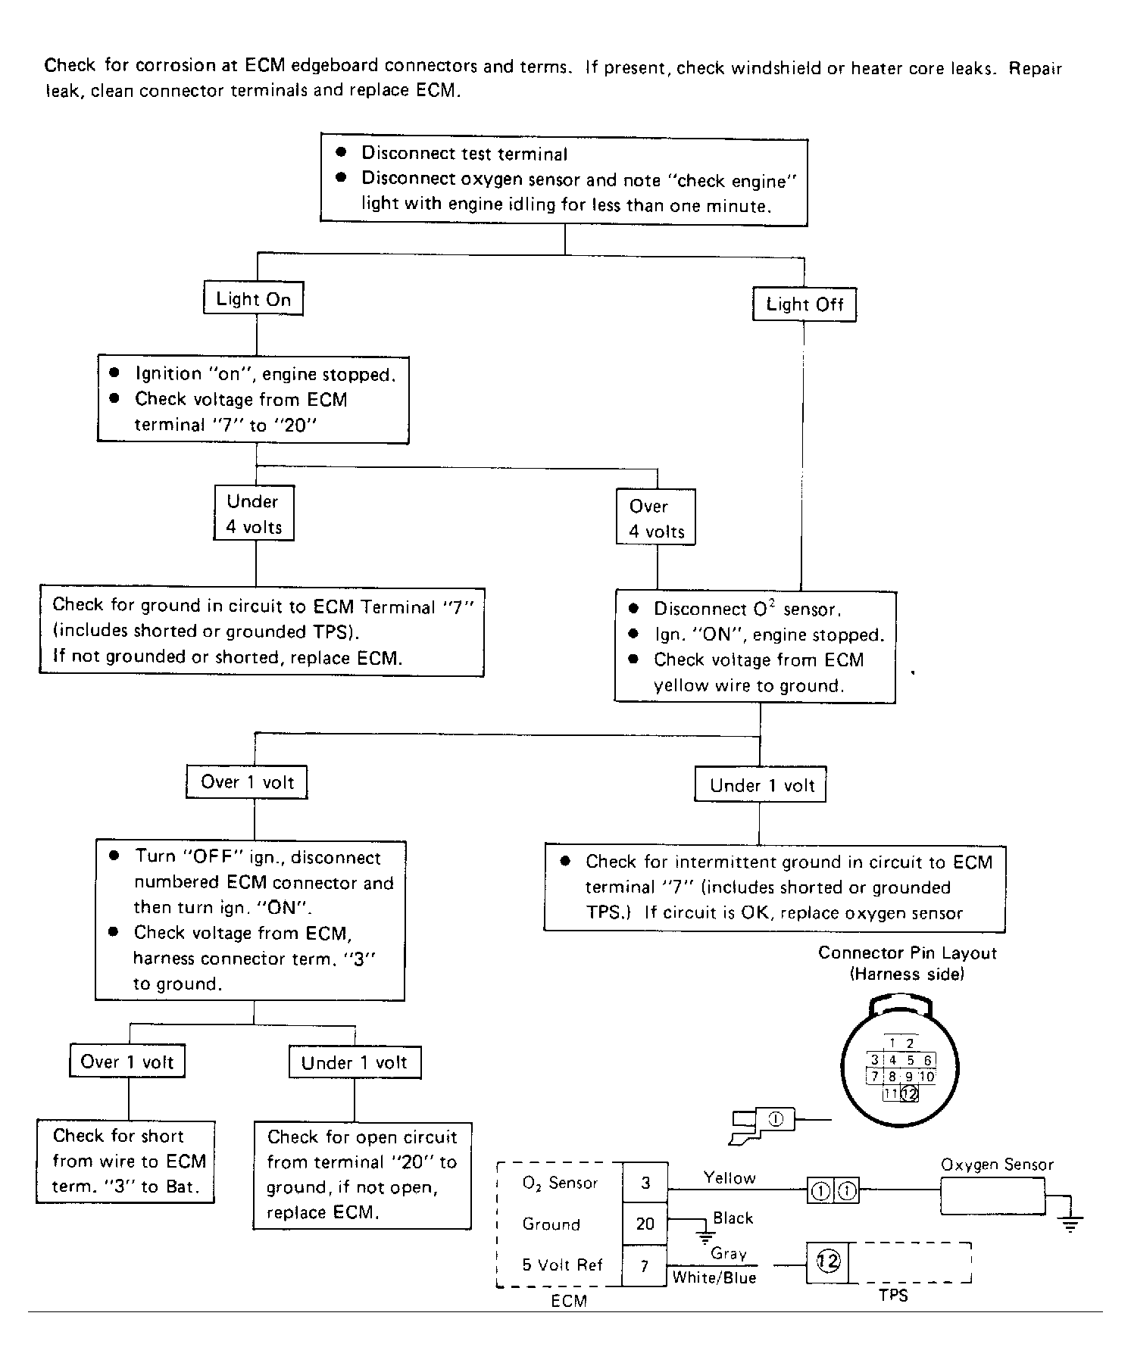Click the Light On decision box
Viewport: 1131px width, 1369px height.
[253, 298]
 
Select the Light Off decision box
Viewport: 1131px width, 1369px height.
[804, 304]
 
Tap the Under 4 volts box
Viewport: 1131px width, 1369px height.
[254, 513]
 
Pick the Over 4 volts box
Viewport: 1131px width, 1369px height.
[656, 518]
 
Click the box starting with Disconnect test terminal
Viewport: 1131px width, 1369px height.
[564, 180]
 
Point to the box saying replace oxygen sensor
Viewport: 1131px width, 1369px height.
[774, 887]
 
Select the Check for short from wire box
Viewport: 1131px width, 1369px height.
[126, 1162]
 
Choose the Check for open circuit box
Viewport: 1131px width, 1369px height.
[362, 1175]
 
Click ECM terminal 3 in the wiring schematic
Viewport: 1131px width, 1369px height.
[645, 1183]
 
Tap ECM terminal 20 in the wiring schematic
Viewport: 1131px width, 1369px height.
[645, 1224]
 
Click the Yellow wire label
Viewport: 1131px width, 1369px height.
[730, 1178]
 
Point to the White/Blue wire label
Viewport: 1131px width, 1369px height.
[714, 1278]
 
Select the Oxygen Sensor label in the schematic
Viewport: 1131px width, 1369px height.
[997, 1165]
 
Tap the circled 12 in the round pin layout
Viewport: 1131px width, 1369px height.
[910, 1093]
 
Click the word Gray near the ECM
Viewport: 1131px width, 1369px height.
[729, 1254]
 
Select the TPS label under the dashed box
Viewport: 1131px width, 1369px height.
[893, 1296]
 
